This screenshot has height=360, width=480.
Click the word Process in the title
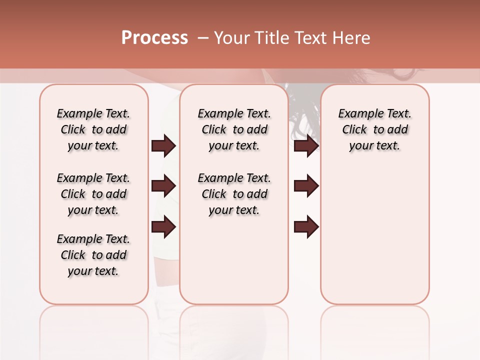point(154,38)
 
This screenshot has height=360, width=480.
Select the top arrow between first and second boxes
point(163,146)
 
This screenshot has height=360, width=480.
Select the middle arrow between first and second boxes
point(163,186)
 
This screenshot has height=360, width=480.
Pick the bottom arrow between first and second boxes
point(163,227)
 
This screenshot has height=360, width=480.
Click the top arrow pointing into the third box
point(306,146)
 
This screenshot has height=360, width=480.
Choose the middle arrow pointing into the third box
point(306,186)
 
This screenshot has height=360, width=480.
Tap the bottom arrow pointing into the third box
point(306,227)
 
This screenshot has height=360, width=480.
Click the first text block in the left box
point(93,129)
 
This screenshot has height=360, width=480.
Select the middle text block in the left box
point(93,194)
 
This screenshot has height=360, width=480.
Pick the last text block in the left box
point(93,255)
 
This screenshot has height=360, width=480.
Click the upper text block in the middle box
point(234,129)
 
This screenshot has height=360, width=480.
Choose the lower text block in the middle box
point(234,194)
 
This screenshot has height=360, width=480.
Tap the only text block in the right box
point(374,129)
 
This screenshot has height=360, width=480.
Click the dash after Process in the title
point(202,38)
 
